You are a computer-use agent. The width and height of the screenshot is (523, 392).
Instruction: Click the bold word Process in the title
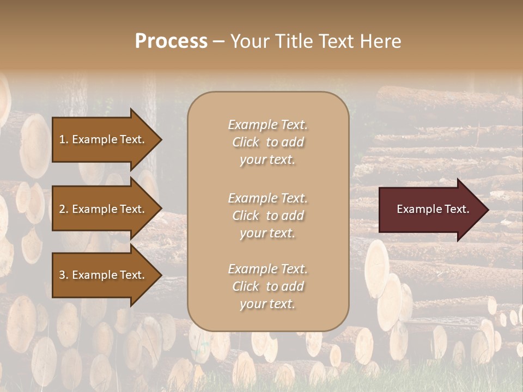coord(171,41)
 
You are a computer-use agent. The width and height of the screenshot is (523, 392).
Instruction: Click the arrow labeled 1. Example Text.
coord(104,139)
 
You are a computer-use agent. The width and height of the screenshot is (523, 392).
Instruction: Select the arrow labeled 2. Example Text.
coord(104,209)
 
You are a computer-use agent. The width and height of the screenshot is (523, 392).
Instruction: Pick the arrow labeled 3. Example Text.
coord(104,275)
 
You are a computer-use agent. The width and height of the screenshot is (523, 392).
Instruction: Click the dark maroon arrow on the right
coord(430,209)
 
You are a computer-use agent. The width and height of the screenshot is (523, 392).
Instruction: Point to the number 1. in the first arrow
coord(64,139)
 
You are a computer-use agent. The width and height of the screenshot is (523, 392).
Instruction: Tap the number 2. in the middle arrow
coord(64,209)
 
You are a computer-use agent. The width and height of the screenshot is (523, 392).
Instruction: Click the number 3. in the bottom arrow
coord(64,275)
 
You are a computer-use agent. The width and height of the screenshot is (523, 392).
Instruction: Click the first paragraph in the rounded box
coord(267,142)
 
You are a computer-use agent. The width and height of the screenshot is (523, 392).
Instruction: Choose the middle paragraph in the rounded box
coord(267,216)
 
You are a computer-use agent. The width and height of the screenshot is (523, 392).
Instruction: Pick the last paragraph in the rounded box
coord(267,286)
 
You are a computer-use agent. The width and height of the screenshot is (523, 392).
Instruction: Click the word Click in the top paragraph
coord(246,142)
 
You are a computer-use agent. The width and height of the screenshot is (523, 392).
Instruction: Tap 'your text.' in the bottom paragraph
coord(267,304)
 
